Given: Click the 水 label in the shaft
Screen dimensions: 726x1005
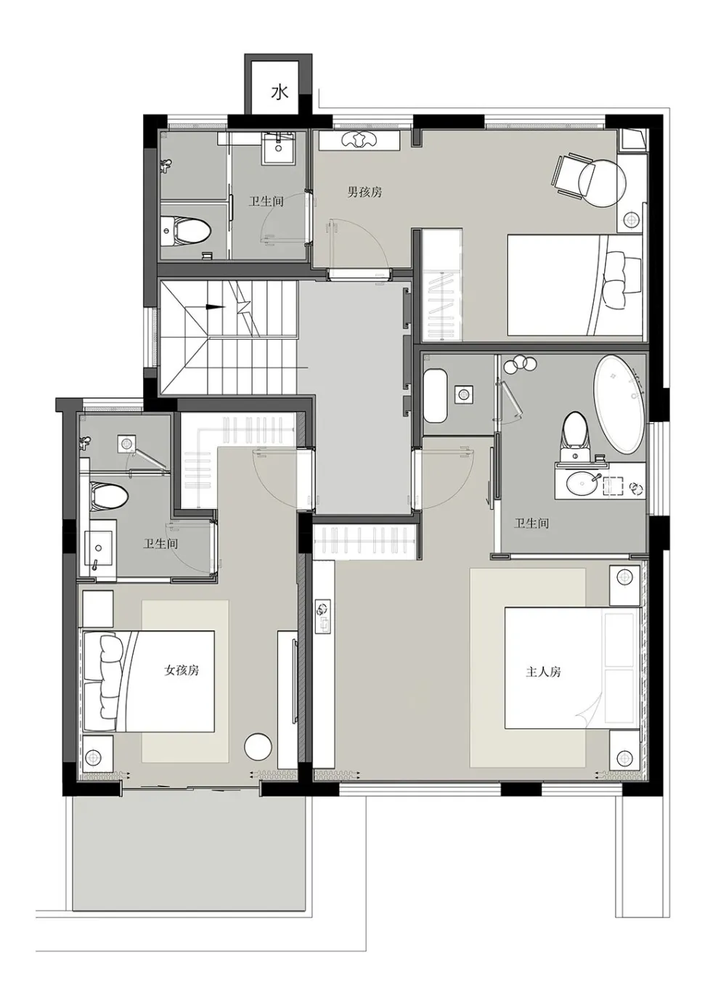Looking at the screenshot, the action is tap(279, 93).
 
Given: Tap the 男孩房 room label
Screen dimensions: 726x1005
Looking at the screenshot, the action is tap(364, 192).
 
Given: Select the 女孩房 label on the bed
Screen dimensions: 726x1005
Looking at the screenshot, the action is tap(181, 670).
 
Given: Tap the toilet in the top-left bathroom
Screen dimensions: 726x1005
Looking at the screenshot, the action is tap(186, 231).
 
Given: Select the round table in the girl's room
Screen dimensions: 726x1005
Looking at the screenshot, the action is tap(258, 746).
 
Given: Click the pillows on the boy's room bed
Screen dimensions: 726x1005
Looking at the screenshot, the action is tap(622, 280).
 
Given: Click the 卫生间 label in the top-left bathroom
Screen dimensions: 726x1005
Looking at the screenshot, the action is tap(266, 201).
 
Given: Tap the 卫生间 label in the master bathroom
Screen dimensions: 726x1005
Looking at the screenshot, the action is tap(531, 523).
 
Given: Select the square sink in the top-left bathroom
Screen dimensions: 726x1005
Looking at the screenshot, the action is tap(279, 149).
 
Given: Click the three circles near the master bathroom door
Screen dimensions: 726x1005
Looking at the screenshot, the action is tap(519, 363).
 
